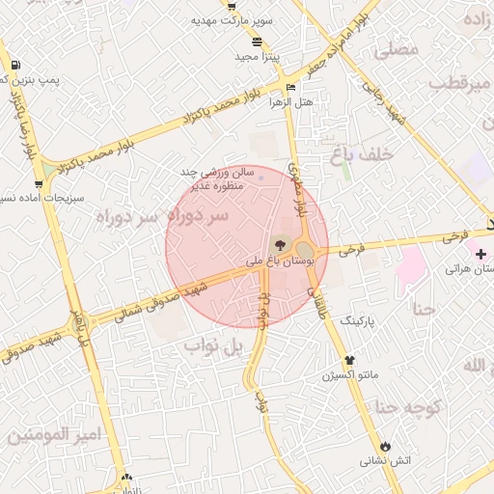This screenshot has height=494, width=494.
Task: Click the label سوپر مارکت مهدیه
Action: (x=232, y=20)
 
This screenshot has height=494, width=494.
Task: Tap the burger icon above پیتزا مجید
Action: (x=257, y=41)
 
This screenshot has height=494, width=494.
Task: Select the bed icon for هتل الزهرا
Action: (x=290, y=88)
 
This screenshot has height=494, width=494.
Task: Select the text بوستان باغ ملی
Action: (x=267, y=261)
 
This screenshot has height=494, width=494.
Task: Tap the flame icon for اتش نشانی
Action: (x=386, y=446)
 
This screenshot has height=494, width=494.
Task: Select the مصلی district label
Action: (x=396, y=48)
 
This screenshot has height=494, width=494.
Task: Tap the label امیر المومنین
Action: (x=52, y=436)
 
